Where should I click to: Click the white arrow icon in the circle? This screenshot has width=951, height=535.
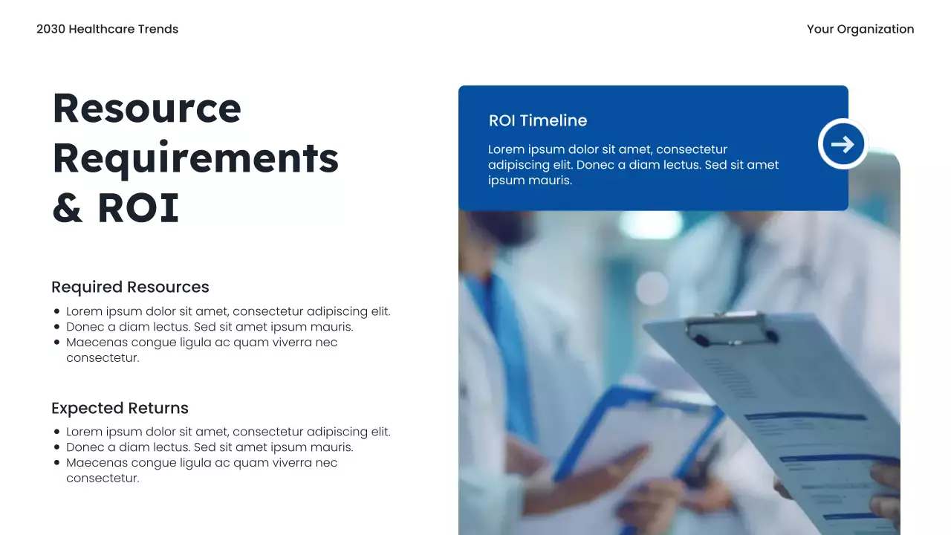(843, 144)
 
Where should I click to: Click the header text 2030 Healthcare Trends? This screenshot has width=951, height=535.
(107, 29)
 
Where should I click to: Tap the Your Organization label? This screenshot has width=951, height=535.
(860, 29)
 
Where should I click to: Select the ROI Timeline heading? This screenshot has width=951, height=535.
(538, 120)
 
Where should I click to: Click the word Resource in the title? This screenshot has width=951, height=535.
(147, 108)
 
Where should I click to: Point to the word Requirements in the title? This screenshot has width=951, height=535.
(195, 158)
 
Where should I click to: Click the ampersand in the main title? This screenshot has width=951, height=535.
(67, 209)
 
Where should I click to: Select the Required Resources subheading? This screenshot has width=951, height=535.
(130, 287)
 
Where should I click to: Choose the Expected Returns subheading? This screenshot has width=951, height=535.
(120, 408)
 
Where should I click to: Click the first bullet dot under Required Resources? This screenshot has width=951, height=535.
(57, 312)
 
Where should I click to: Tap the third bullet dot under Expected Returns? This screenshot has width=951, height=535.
(57, 463)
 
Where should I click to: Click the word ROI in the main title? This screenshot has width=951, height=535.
(138, 209)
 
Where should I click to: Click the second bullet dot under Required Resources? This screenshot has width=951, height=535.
(57, 327)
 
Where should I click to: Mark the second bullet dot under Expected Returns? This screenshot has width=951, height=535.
(57, 447)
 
